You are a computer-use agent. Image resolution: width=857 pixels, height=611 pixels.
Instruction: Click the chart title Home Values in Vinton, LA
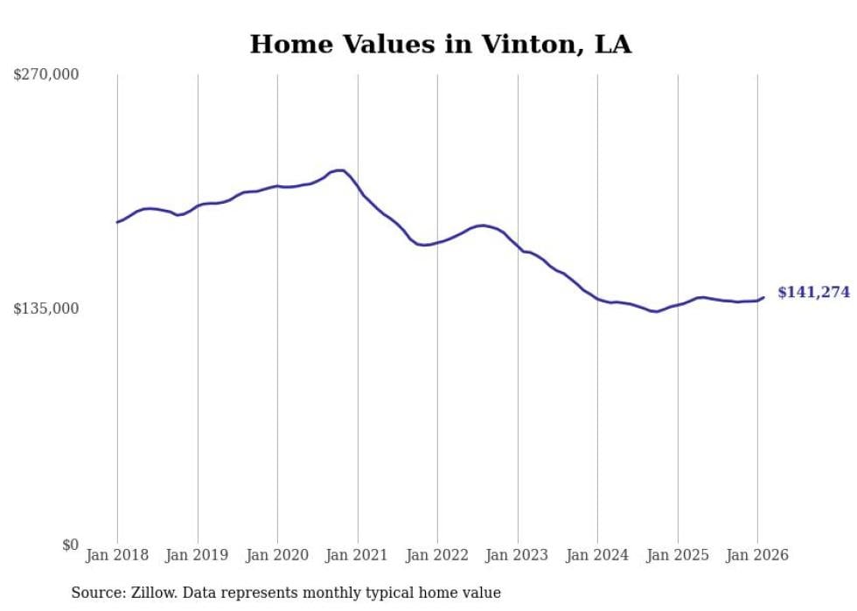440,45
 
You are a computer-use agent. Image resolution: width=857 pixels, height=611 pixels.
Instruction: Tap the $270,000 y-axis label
46,75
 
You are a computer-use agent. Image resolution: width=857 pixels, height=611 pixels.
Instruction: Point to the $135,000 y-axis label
46,309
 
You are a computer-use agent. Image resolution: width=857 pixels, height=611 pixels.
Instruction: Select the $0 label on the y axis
70,545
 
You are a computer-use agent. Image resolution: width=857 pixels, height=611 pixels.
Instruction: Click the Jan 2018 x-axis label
117,555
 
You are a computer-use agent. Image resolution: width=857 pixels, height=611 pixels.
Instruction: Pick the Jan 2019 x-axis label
198,555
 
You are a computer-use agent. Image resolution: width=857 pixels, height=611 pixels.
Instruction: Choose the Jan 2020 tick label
277,555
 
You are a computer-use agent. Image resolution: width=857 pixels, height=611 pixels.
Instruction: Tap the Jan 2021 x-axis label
358,555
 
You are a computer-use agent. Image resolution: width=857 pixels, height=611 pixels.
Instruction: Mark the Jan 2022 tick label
437,555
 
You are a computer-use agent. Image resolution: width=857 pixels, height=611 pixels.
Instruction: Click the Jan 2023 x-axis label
518,555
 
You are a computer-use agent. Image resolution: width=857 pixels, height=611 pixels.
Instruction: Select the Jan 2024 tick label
597,555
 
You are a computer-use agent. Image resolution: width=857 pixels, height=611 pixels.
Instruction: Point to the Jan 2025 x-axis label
678,555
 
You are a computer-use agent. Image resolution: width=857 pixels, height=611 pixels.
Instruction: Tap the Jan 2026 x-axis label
757,555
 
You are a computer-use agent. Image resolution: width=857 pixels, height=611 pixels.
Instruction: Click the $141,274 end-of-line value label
813,293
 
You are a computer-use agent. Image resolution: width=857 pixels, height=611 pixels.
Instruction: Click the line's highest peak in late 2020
340,170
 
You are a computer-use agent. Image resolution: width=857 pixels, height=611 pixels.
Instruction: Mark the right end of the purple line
763,297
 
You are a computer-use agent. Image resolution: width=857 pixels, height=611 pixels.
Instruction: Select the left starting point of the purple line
117,222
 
